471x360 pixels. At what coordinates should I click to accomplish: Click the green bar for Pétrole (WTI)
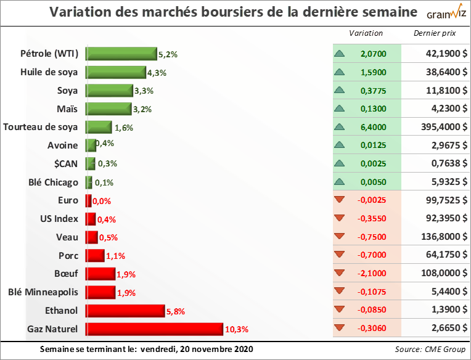(x=121, y=54)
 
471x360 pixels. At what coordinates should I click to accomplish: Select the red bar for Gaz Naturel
(x=154, y=329)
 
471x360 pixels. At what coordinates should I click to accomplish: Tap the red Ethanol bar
(x=125, y=311)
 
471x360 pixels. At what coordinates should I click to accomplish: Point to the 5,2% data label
(x=168, y=54)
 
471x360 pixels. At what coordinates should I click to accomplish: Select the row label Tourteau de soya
(x=41, y=128)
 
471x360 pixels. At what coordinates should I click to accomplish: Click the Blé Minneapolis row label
(x=44, y=292)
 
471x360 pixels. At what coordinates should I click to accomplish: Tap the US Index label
(x=59, y=219)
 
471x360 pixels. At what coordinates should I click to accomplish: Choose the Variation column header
(x=366, y=33)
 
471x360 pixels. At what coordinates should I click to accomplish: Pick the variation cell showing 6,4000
(x=374, y=127)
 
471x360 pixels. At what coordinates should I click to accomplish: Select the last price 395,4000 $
(x=438, y=127)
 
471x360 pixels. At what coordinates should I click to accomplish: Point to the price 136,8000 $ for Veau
(x=438, y=237)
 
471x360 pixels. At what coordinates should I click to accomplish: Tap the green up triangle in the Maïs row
(x=339, y=108)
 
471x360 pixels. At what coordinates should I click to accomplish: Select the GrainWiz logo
(x=441, y=12)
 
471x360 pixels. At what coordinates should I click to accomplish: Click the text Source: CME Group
(x=430, y=350)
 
